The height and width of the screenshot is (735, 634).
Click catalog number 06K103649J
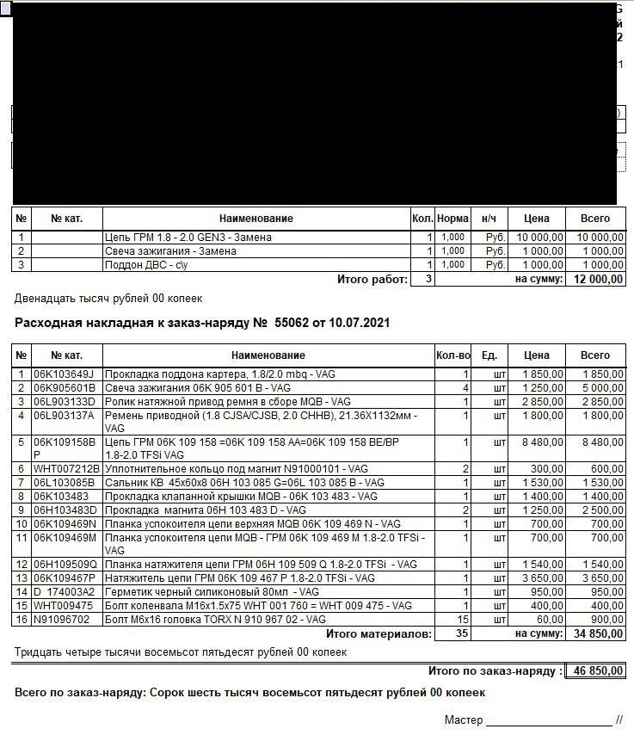click(63, 374)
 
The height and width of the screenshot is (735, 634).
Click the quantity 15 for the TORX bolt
click(462, 620)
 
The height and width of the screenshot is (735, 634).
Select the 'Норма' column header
click(452, 219)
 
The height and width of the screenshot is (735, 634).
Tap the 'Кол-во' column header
click(453, 355)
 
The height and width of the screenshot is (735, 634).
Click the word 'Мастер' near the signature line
click(464, 720)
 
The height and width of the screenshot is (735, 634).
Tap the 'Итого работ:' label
click(372, 279)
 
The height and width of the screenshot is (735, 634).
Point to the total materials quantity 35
click(462, 634)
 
